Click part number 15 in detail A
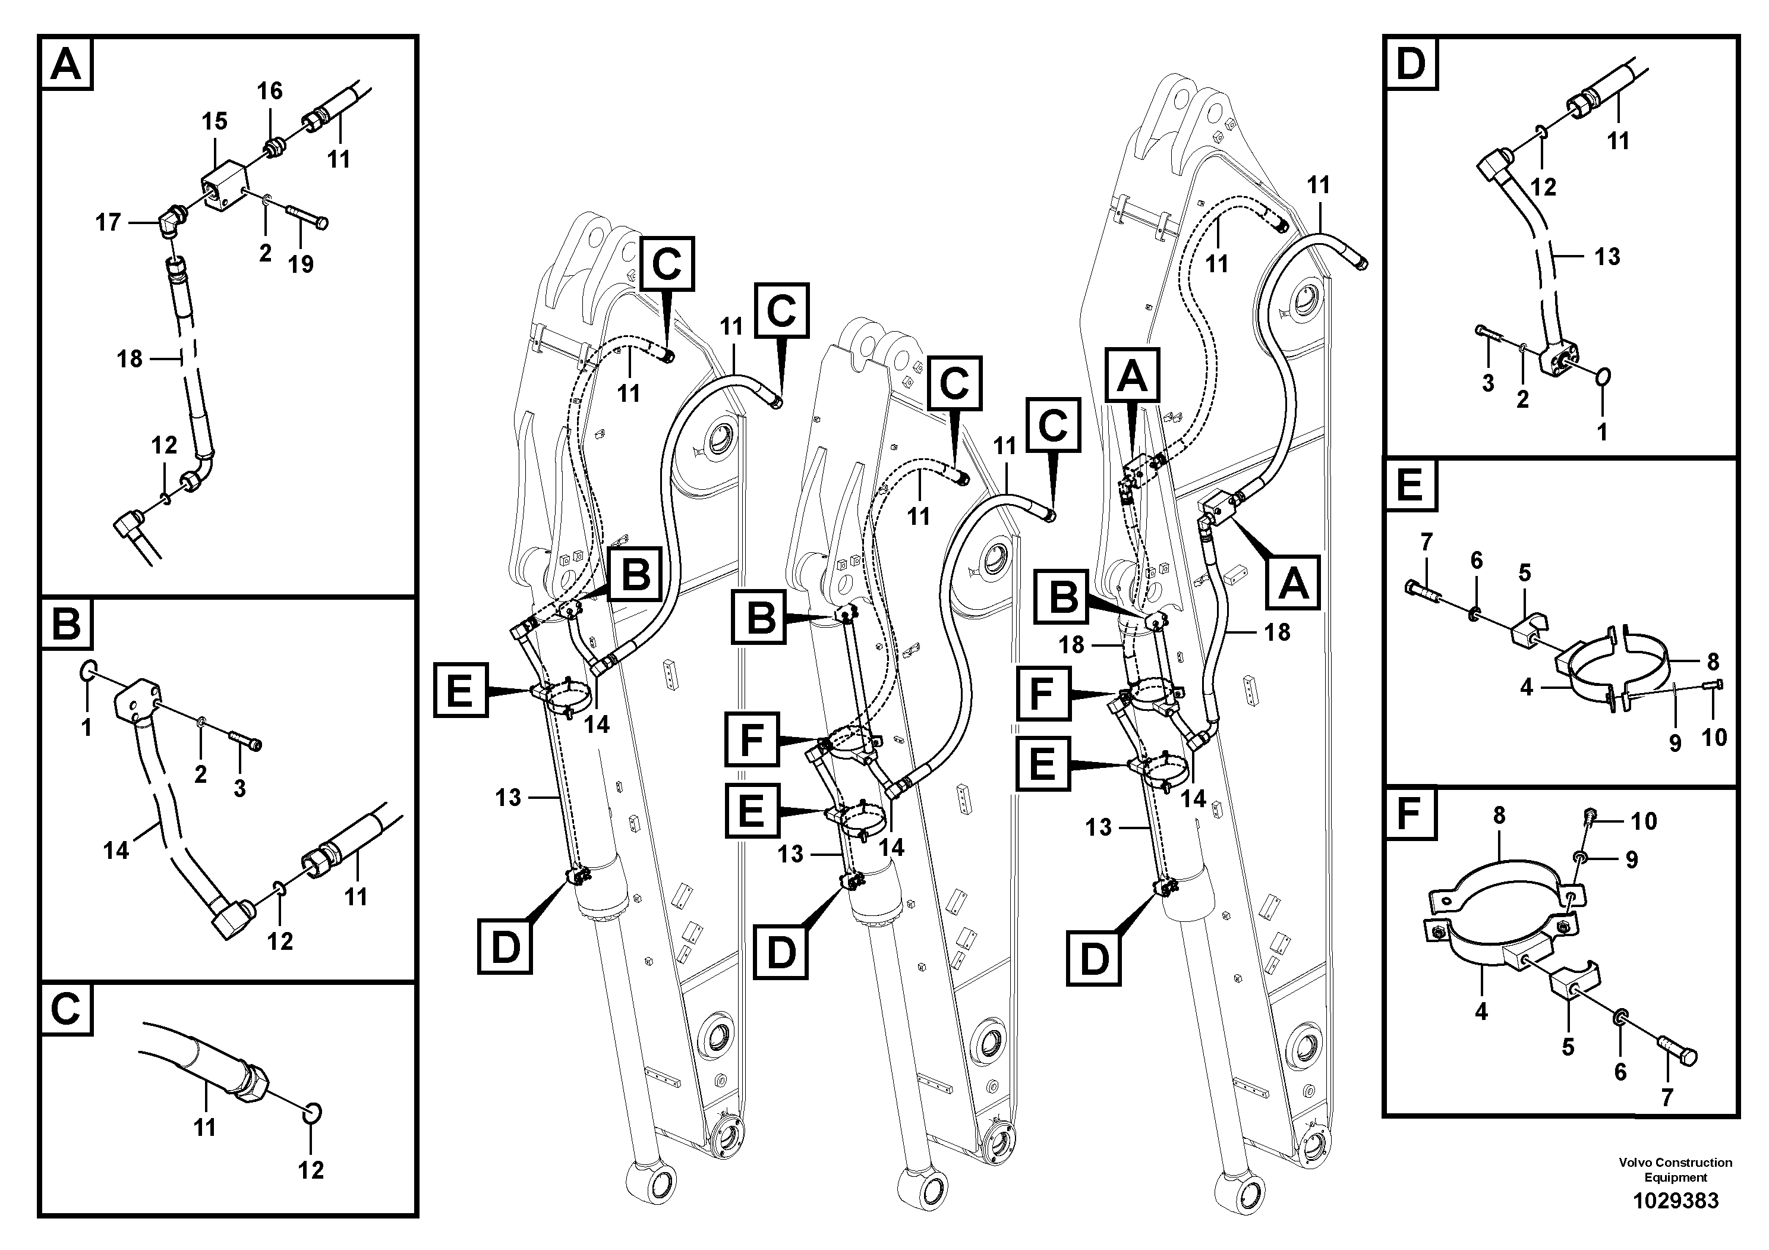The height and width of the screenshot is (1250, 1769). point(214,122)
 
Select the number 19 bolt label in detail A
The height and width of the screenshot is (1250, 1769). point(301,265)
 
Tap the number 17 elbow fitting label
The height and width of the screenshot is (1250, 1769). point(108,223)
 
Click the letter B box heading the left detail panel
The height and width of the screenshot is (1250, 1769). point(67,624)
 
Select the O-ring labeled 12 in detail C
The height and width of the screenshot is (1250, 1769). point(312,1113)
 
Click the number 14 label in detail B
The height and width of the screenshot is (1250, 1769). point(116,851)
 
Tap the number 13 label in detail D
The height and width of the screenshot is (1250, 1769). point(1607,257)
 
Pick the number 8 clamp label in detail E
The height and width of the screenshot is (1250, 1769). point(1713,661)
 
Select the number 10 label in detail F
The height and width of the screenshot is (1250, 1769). point(1644,821)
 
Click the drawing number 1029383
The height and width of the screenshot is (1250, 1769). point(1675,1201)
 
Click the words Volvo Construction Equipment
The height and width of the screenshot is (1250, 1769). point(1675,1169)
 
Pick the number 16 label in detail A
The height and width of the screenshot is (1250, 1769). point(269,91)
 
